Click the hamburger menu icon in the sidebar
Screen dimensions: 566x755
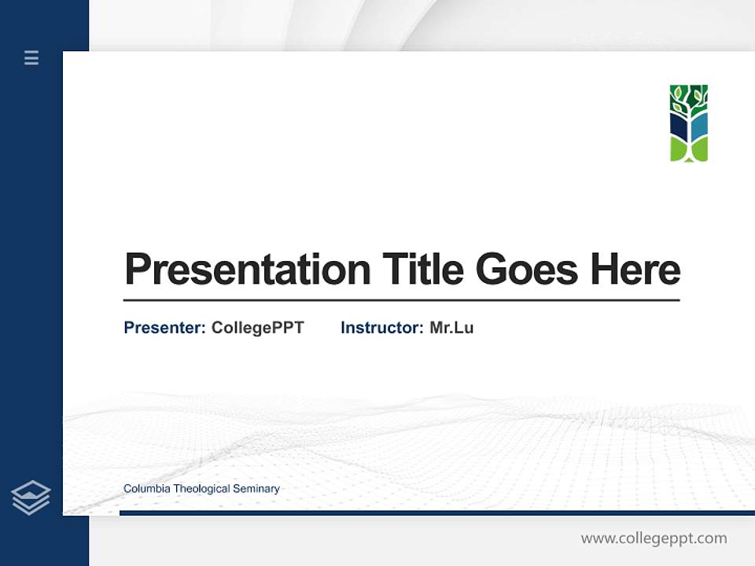31,57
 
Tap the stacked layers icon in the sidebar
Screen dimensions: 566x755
31,498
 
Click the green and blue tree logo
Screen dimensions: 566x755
689,123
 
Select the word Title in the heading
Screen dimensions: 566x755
423,270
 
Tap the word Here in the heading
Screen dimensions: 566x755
635,270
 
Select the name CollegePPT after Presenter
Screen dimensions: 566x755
258,328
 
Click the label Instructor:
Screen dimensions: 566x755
382,328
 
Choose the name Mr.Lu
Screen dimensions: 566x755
451,328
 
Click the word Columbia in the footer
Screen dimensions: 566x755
147,489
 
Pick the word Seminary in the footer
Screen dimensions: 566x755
256,489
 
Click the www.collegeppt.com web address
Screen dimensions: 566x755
654,538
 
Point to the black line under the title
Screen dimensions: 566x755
401,300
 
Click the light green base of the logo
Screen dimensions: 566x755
679,150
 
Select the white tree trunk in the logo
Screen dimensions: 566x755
689,130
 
